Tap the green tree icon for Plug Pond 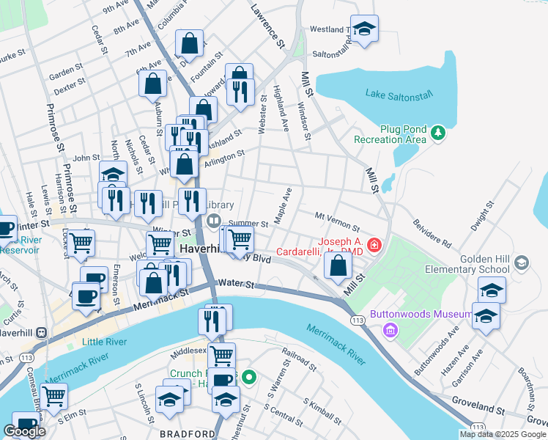pos(438,133)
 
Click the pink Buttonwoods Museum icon pos(390,330)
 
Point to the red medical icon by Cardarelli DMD pos(374,244)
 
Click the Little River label pos(103,342)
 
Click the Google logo pos(24,430)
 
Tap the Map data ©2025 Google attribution pos(502,434)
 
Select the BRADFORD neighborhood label pos(188,433)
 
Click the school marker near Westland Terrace pos(364,30)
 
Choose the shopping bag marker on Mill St pos(337,268)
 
